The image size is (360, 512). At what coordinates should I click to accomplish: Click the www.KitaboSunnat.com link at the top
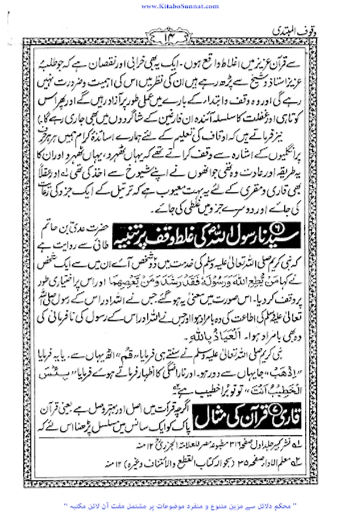pyautogui.click(x=180, y=6)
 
